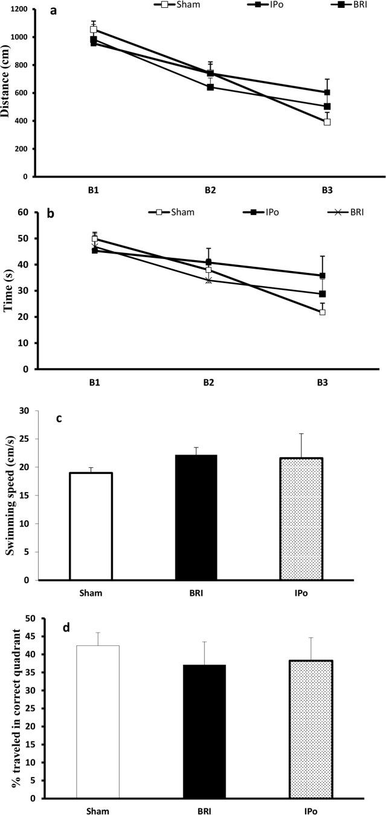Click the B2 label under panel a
tap(210, 190)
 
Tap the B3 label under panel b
tap(326, 383)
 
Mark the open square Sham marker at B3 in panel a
tap(327, 122)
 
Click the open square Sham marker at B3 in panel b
tap(323, 312)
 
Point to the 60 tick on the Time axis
tap(24, 213)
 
